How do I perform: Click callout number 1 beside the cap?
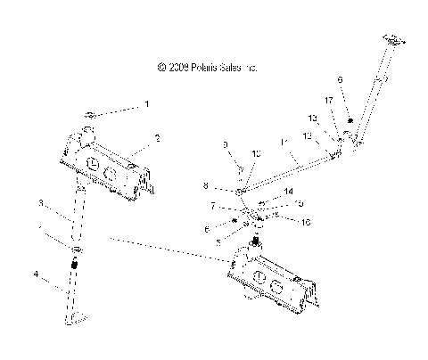147,105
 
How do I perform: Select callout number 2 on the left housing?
157,139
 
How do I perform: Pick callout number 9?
226,144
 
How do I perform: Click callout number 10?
257,154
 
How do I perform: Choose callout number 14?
287,192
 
